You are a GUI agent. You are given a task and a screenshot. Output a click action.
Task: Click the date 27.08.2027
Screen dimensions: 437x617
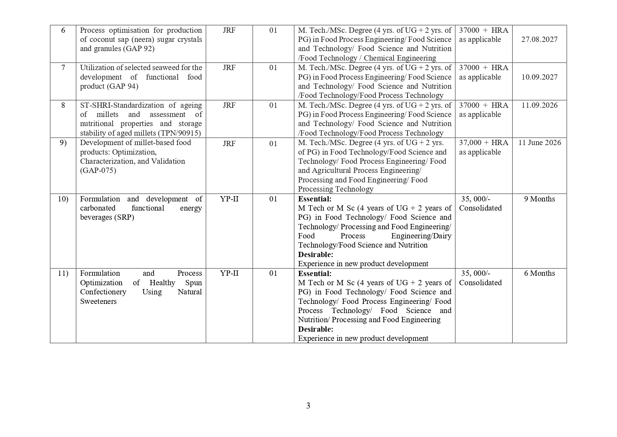[539, 39]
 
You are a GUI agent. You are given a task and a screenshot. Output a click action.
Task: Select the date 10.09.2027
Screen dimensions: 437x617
[539, 77]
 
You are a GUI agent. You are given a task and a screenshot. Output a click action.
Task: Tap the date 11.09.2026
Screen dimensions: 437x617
[539, 105]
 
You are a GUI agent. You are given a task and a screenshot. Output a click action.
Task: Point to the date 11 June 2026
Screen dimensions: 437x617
[540, 143]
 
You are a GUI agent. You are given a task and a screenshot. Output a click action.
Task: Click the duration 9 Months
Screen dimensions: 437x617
[539, 199]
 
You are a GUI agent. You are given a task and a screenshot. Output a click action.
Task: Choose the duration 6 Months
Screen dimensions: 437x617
[539, 273]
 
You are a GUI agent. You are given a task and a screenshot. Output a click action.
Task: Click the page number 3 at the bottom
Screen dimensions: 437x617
[308, 406]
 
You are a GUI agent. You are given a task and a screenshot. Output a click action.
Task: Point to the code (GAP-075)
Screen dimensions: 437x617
[98, 170]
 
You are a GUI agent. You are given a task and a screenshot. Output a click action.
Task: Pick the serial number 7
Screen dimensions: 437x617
[63, 68]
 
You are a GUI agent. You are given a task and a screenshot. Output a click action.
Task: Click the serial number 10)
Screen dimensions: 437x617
[63, 199]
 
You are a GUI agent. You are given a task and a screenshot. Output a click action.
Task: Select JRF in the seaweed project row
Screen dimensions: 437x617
[229, 68]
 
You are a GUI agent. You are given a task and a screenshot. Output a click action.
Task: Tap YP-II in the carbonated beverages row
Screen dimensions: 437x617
[229, 199]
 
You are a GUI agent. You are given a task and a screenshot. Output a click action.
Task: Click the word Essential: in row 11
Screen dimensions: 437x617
[315, 274]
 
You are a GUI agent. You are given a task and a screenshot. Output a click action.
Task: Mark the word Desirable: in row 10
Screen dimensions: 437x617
[315, 255]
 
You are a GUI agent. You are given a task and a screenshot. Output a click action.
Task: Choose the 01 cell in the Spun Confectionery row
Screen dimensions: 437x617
[273, 273]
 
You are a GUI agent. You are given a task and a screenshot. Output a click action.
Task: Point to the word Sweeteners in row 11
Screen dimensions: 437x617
[98, 301]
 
